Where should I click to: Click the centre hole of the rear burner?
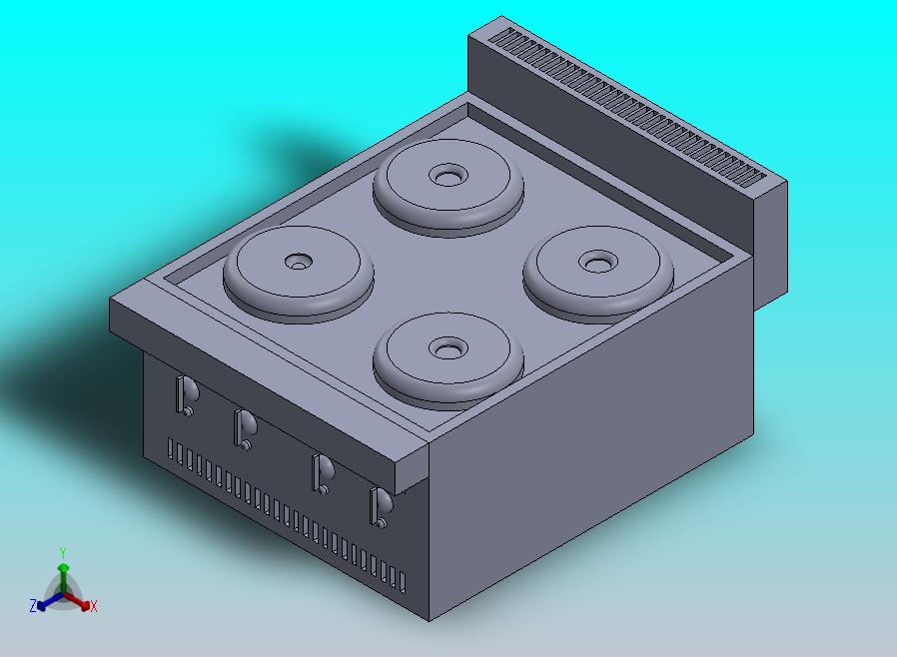[448, 176]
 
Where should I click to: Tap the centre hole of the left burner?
[299, 262]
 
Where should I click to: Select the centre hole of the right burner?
[598, 263]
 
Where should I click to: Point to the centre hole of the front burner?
[448, 347]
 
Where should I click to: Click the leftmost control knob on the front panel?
[187, 395]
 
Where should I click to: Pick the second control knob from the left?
[245, 429]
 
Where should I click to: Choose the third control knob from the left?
[323, 473]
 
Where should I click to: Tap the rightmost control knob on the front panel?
[381, 507]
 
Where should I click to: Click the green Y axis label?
[63, 552]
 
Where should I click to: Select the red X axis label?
[93, 606]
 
